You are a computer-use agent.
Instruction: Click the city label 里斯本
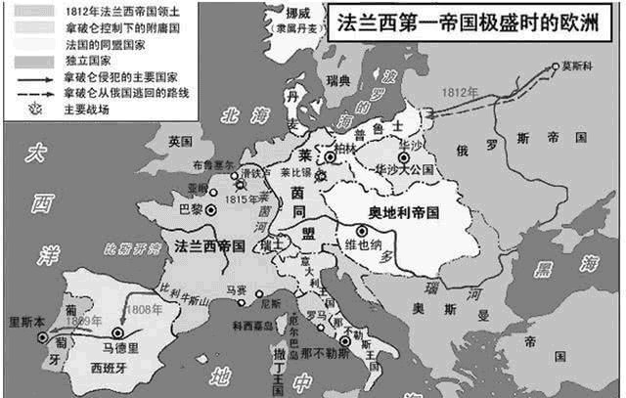click(26, 321)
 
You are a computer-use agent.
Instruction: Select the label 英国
click(181, 141)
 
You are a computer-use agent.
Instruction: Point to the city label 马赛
click(235, 289)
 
